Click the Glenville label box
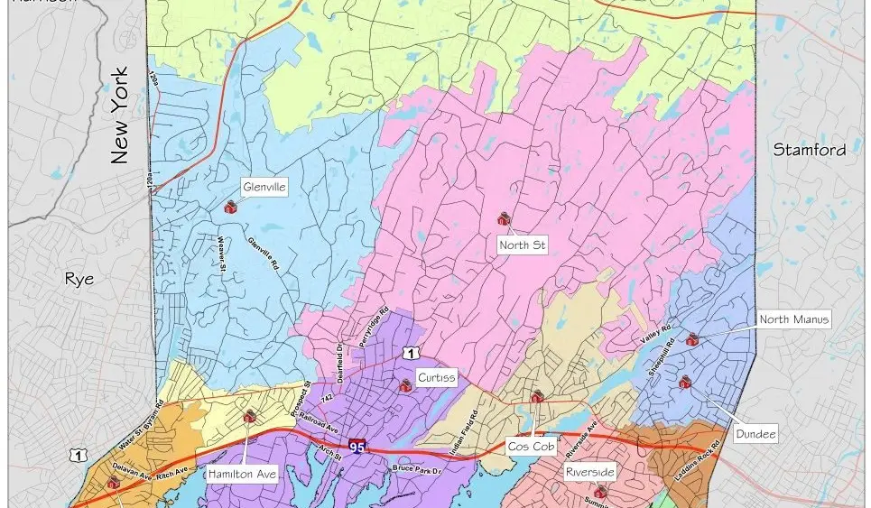[x=264, y=188]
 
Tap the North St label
[x=523, y=245]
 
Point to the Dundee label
[x=756, y=435]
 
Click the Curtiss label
[x=435, y=377]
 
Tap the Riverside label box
[x=589, y=472]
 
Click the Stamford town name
[x=810, y=151]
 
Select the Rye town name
[x=79, y=280]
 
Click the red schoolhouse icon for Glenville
[x=229, y=207]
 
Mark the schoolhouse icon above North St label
[x=504, y=219]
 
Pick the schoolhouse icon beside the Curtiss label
[x=404, y=386]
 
